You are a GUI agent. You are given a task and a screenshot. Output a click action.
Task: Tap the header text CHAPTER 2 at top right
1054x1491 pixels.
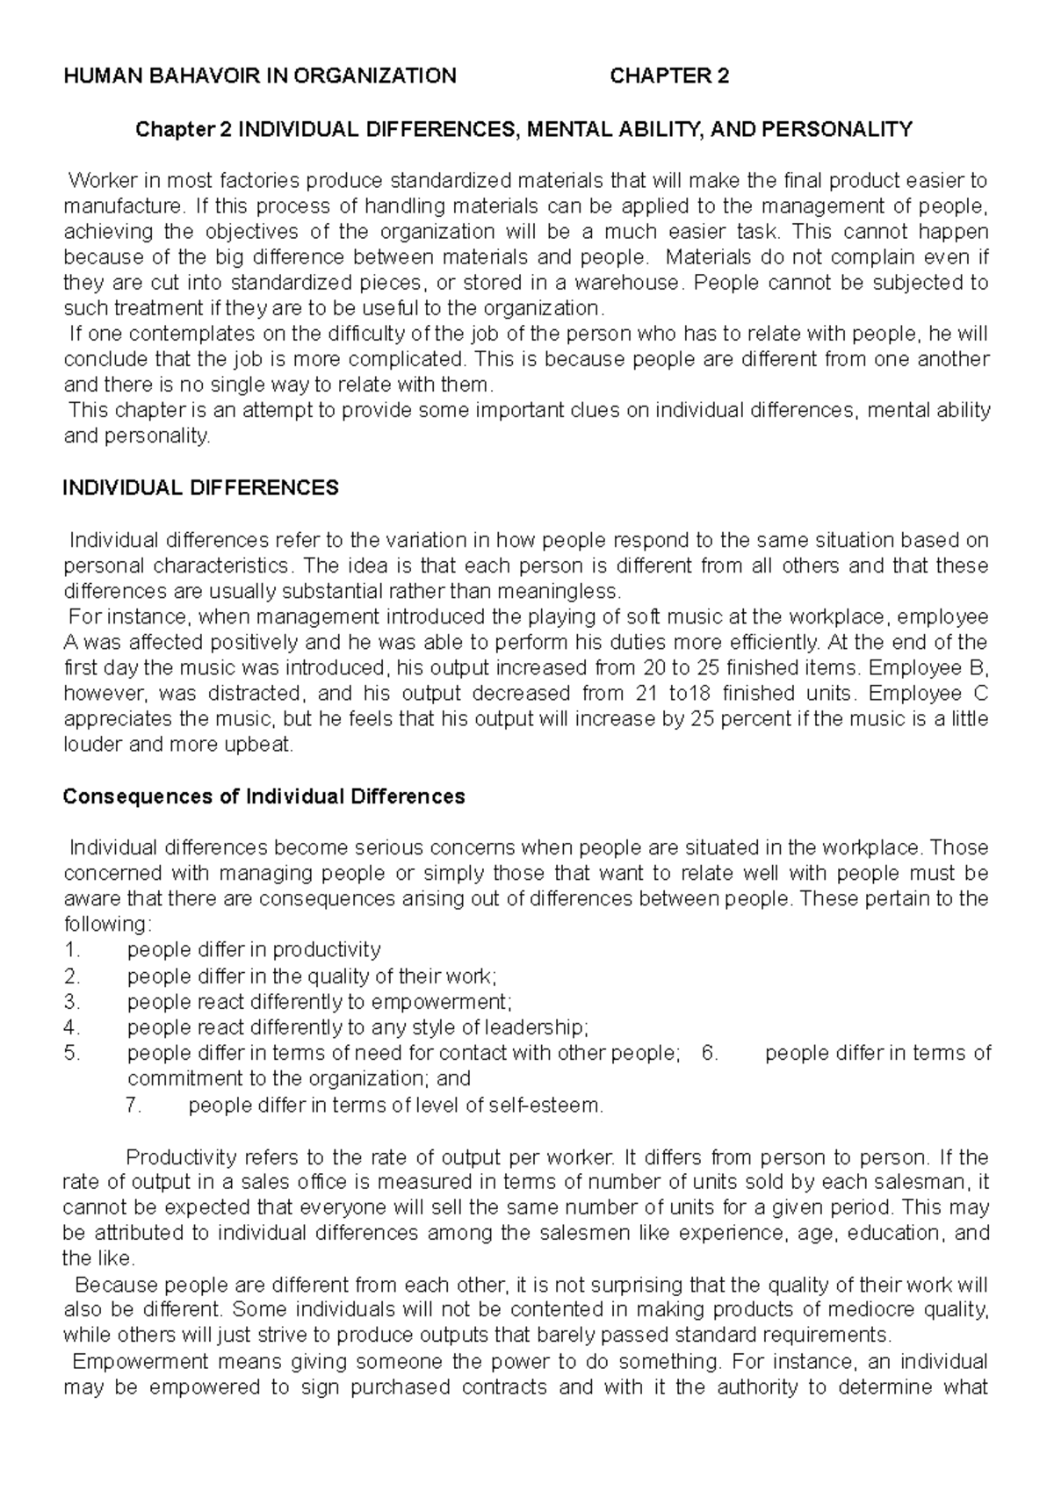pyautogui.click(x=669, y=76)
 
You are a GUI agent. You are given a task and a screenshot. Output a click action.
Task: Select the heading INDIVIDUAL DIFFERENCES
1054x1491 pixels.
pyautogui.click(x=200, y=488)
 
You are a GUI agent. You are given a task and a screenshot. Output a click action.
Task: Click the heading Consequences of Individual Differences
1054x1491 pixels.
pyautogui.click(x=264, y=796)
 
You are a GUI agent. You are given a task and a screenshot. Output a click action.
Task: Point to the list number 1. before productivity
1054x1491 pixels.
pyautogui.click(x=72, y=950)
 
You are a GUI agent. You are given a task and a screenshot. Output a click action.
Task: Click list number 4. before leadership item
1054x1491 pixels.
pyautogui.click(x=72, y=1027)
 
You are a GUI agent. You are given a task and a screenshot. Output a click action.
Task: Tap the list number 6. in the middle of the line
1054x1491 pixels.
pyautogui.click(x=711, y=1053)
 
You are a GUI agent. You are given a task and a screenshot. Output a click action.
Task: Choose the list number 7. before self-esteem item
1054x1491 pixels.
pyautogui.click(x=134, y=1106)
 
